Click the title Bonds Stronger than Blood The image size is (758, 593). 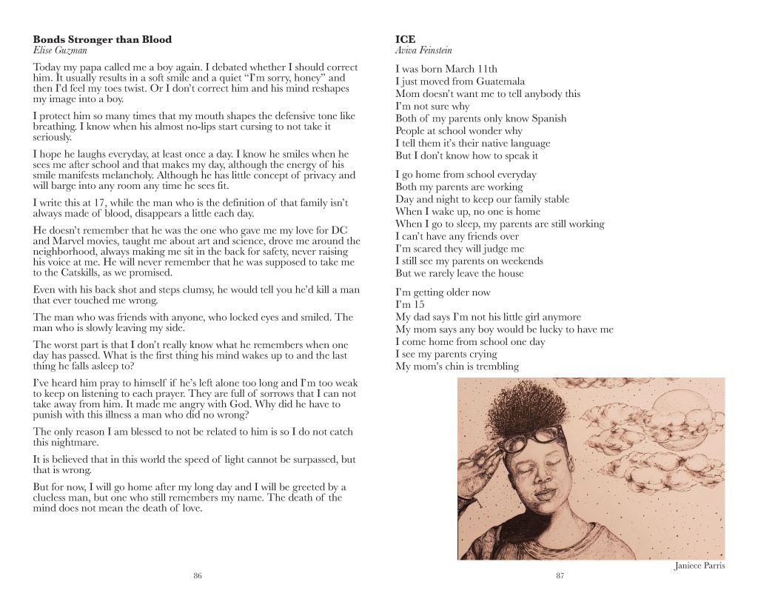[102, 39]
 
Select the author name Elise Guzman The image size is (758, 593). [59, 50]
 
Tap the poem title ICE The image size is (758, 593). [405, 39]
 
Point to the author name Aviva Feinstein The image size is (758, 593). [423, 50]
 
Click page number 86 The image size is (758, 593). [198, 575]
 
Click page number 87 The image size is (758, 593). [560, 575]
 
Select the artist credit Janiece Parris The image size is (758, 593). [699, 566]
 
